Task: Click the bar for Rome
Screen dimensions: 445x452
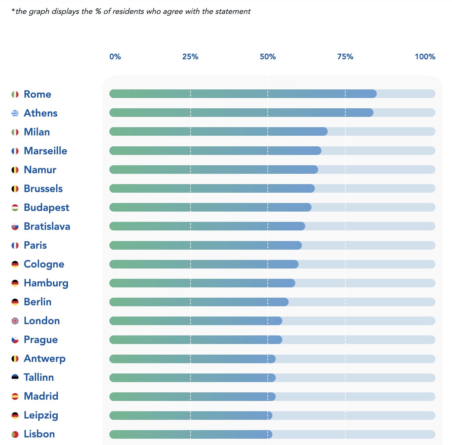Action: pos(243,94)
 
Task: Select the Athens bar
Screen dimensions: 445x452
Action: pos(241,113)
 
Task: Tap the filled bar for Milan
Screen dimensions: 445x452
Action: pos(218,131)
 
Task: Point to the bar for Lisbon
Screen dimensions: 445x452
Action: pos(191,434)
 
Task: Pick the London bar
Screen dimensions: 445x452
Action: pos(196,321)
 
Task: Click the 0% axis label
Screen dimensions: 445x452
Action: pos(115,57)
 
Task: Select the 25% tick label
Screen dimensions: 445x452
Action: pos(190,57)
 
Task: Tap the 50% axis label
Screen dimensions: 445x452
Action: pos(268,57)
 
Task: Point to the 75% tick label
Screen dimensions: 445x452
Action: pos(345,57)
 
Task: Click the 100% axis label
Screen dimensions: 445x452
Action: pos(425,57)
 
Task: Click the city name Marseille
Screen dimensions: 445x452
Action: pos(45,151)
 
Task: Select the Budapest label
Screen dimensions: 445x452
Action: pos(46,208)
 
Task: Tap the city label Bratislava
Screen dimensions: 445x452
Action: pos(47,226)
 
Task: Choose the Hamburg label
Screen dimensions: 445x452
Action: pos(46,283)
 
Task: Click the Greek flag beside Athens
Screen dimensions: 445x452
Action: pos(15,113)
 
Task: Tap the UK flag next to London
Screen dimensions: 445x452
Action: pos(15,321)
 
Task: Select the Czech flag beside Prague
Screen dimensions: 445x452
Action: pos(15,340)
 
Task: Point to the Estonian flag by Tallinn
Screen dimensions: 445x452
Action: pos(15,377)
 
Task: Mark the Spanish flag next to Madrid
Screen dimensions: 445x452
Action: pos(15,396)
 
